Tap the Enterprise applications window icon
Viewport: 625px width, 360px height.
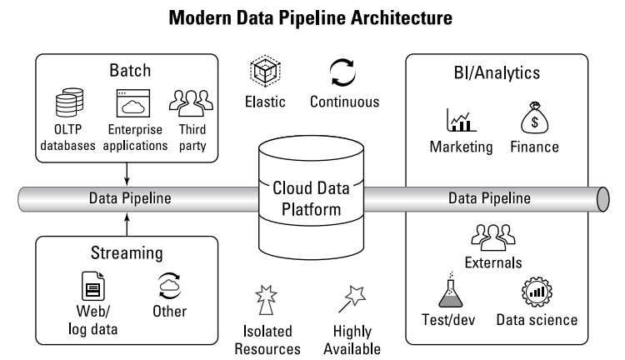click(131, 106)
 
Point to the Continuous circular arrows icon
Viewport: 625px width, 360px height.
click(343, 72)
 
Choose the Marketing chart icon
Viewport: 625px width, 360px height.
click(460, 121)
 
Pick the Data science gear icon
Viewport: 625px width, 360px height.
click(536, 290)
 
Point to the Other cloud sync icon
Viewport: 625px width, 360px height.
click(170, 284)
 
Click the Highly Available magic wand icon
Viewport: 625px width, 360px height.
click(353, 297)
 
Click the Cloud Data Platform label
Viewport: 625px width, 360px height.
click(307, 199)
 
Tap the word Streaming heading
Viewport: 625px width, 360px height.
click(126, 254)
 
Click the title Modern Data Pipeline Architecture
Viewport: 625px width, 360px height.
click(311, 19)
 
